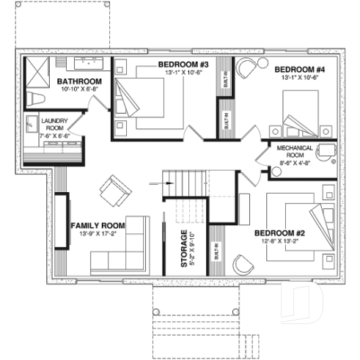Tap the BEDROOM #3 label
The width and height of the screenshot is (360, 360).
point(183,65)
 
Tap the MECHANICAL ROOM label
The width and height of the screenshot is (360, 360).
point(295,151)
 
